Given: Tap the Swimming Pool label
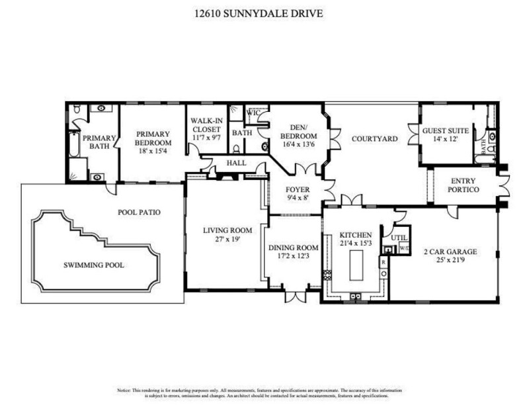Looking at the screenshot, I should [94, 265].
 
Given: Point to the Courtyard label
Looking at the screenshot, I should [374, 139].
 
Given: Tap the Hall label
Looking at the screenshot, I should [236, 161].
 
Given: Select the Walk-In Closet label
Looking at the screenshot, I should [205, 126].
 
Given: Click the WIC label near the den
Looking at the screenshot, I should [252, 113].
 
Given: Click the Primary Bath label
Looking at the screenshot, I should [98, 142].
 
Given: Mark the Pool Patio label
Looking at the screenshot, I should [140, 212].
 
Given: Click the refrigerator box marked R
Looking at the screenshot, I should [383, 263].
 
